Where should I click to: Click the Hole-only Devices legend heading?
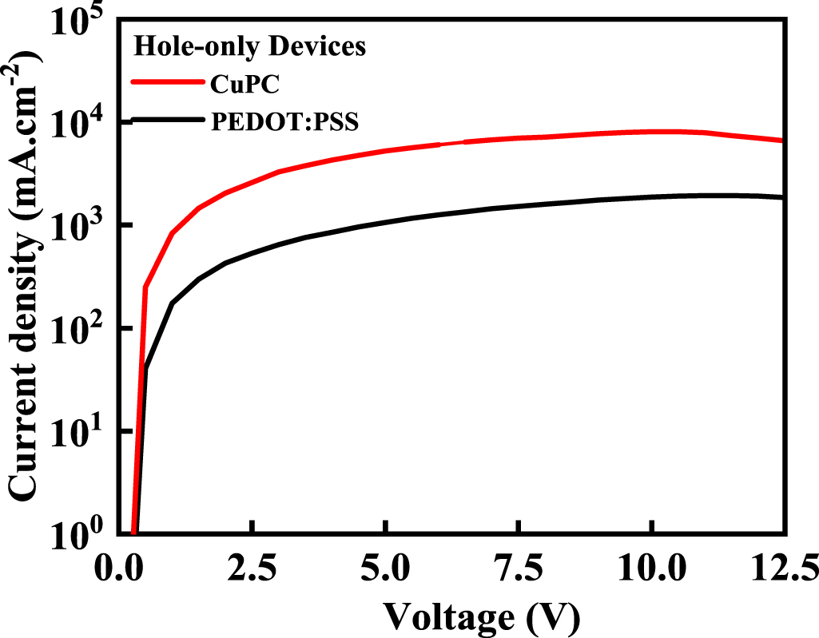pyautogui.click(x=249, y=46)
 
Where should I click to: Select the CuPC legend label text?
pyautogui.click(x=238, y=83)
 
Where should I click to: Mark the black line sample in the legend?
pyautogui.click(x=166, y=119)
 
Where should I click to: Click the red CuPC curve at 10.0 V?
pyautogui.click(x=651, y=132)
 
